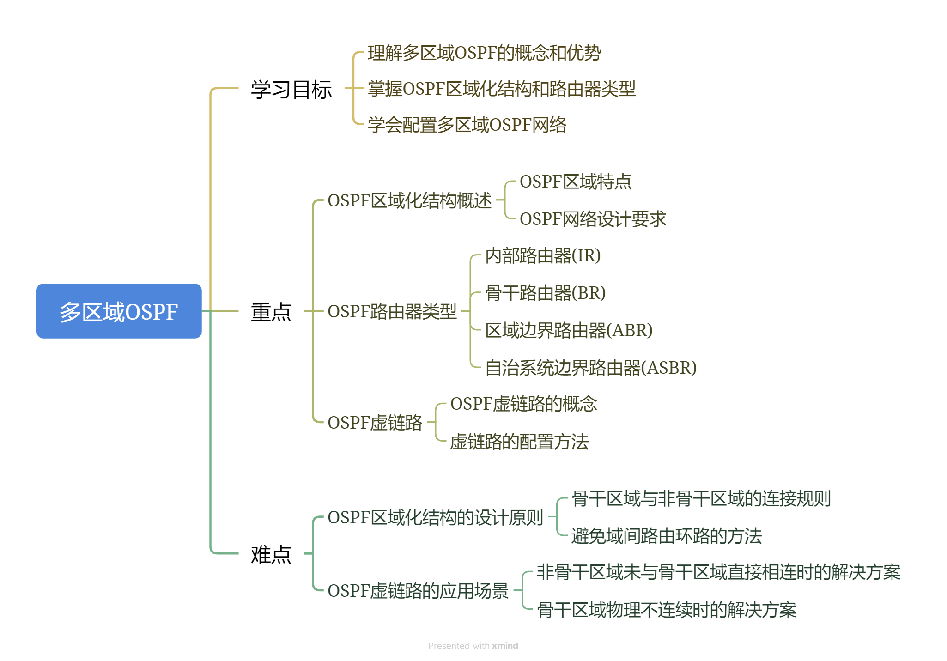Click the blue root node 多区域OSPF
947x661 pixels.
(119, 311)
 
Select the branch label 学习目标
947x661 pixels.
(291, 89)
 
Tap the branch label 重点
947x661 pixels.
(271, 312)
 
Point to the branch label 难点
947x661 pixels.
(271, 554)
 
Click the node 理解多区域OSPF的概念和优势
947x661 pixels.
(484, 53)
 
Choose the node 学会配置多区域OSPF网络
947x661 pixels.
(467, 125)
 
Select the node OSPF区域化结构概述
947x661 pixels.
(409, 200)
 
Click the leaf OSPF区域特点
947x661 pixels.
(575, 182)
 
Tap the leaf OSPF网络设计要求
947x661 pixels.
(593, 219)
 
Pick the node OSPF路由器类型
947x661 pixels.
(392, 311)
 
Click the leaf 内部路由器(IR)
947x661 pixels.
(543, 255)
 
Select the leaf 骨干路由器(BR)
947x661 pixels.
(545, 293)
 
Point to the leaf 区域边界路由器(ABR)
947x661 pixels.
(569, 330)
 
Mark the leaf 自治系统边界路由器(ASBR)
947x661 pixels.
(590, 368)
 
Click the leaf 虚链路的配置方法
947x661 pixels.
(519, 442)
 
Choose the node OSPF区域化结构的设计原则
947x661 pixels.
(435, 517)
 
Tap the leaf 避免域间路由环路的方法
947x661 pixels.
(666, 536)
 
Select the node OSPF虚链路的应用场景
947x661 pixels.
(418, 591)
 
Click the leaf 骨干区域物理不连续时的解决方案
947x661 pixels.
(667, 610)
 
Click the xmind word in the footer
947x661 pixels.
(505, 645)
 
